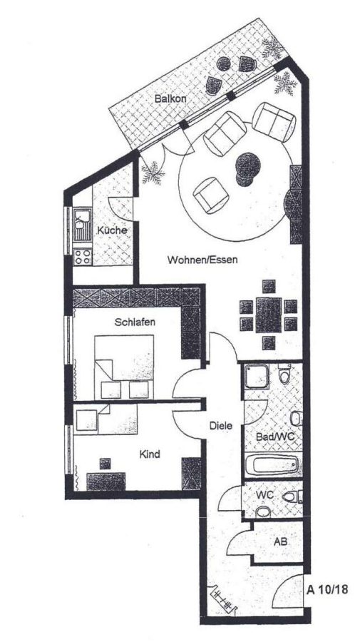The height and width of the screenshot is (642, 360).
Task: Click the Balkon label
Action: click(170, 98)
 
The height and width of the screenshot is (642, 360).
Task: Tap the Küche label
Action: click(112, 230)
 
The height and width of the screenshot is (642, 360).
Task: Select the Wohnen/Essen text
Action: click(202, 260)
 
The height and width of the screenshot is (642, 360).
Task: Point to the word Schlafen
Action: click(135, 322)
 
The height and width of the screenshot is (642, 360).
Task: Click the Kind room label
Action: click(150, 454)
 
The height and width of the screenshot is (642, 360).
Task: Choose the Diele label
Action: click(221, 426)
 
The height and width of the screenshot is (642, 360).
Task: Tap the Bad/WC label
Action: click(275, 437)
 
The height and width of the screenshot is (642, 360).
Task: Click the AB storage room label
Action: click(280, 541)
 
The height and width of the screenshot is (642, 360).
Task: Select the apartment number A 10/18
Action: click(328, 590)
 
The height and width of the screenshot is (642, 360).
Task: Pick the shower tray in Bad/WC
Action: click(257, 377)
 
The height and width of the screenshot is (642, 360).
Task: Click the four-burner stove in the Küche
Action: click(82, 257)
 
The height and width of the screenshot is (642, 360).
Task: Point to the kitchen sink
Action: click(82, 224)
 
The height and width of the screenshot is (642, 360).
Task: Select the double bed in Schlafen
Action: click(124, 367)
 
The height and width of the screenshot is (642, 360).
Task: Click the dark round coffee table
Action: click(247, 169)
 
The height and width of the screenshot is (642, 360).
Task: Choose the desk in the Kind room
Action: click(106, 481)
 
